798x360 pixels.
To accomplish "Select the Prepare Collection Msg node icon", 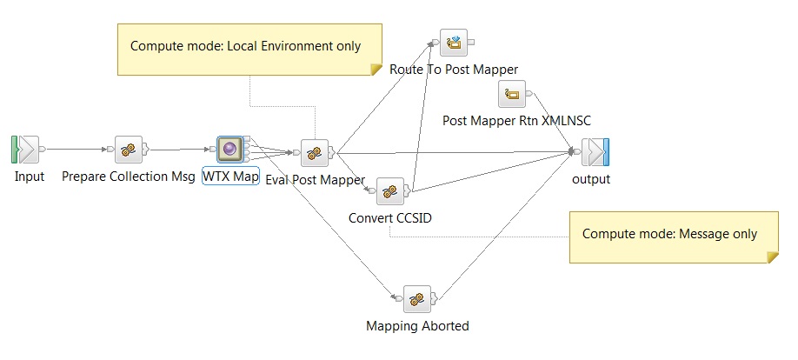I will (x=129, y=150).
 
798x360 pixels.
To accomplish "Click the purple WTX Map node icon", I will (x=230, y=150).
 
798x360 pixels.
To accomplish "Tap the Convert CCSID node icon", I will (x=390, y=190).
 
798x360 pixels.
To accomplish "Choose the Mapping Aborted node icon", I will (x=417, y=298).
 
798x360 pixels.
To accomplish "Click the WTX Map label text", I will (x=230, y=177).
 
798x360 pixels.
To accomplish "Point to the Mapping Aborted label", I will (x=417, y=326).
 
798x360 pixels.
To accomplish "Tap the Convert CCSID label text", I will (x=390, y=217).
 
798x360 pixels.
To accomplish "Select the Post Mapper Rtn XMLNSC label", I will (x=516, y=120).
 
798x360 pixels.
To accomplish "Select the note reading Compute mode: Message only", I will (x=669, y=234).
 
